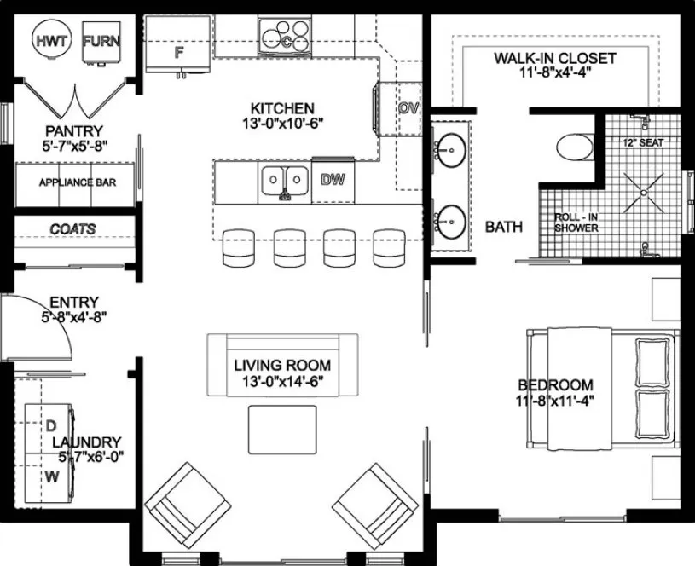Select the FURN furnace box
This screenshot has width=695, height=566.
coord(101,41)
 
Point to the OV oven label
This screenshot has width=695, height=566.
coord(408,108)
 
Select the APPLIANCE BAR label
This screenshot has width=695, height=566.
coord(78,182)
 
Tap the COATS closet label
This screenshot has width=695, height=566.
coord(72,229)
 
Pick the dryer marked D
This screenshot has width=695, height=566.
coord(49,424)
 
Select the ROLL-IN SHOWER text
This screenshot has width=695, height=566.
coord(576,222)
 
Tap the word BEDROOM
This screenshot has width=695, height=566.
coord(554,385)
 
